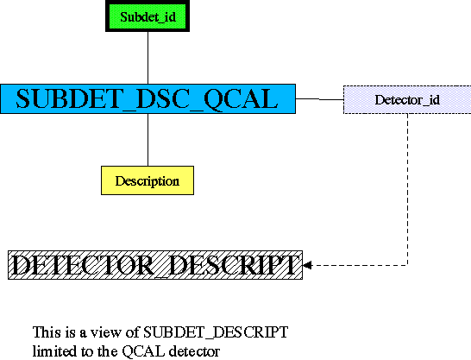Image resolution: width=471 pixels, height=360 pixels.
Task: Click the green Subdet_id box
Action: [148, 16]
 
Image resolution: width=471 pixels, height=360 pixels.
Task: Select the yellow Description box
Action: [148, 180]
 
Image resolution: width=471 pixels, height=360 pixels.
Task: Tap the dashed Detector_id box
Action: [407, 100]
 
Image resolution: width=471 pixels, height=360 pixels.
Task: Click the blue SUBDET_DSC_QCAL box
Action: [148, 99]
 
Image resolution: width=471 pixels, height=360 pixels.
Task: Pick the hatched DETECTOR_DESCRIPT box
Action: [155, 265]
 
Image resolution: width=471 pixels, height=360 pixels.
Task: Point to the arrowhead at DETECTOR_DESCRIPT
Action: [307, 265]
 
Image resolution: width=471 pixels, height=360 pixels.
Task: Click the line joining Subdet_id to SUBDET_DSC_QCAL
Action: [148, 58]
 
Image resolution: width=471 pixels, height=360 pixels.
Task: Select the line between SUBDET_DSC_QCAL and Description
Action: [148, 140]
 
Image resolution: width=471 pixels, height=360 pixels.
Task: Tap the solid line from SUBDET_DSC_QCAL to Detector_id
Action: [319, 99]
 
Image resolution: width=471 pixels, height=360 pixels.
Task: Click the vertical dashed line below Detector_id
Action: [408, 189]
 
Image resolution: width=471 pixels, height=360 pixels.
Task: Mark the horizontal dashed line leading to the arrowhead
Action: [360, 265]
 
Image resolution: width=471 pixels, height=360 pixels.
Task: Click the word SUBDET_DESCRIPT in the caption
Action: [216, 332]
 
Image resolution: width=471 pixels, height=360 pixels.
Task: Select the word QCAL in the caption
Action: [143, 351]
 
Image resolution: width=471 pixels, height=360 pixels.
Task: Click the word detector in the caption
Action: [194, 351]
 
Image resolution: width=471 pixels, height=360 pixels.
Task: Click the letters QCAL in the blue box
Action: [241, 99]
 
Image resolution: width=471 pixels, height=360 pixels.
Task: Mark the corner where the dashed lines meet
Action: [408, 265]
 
